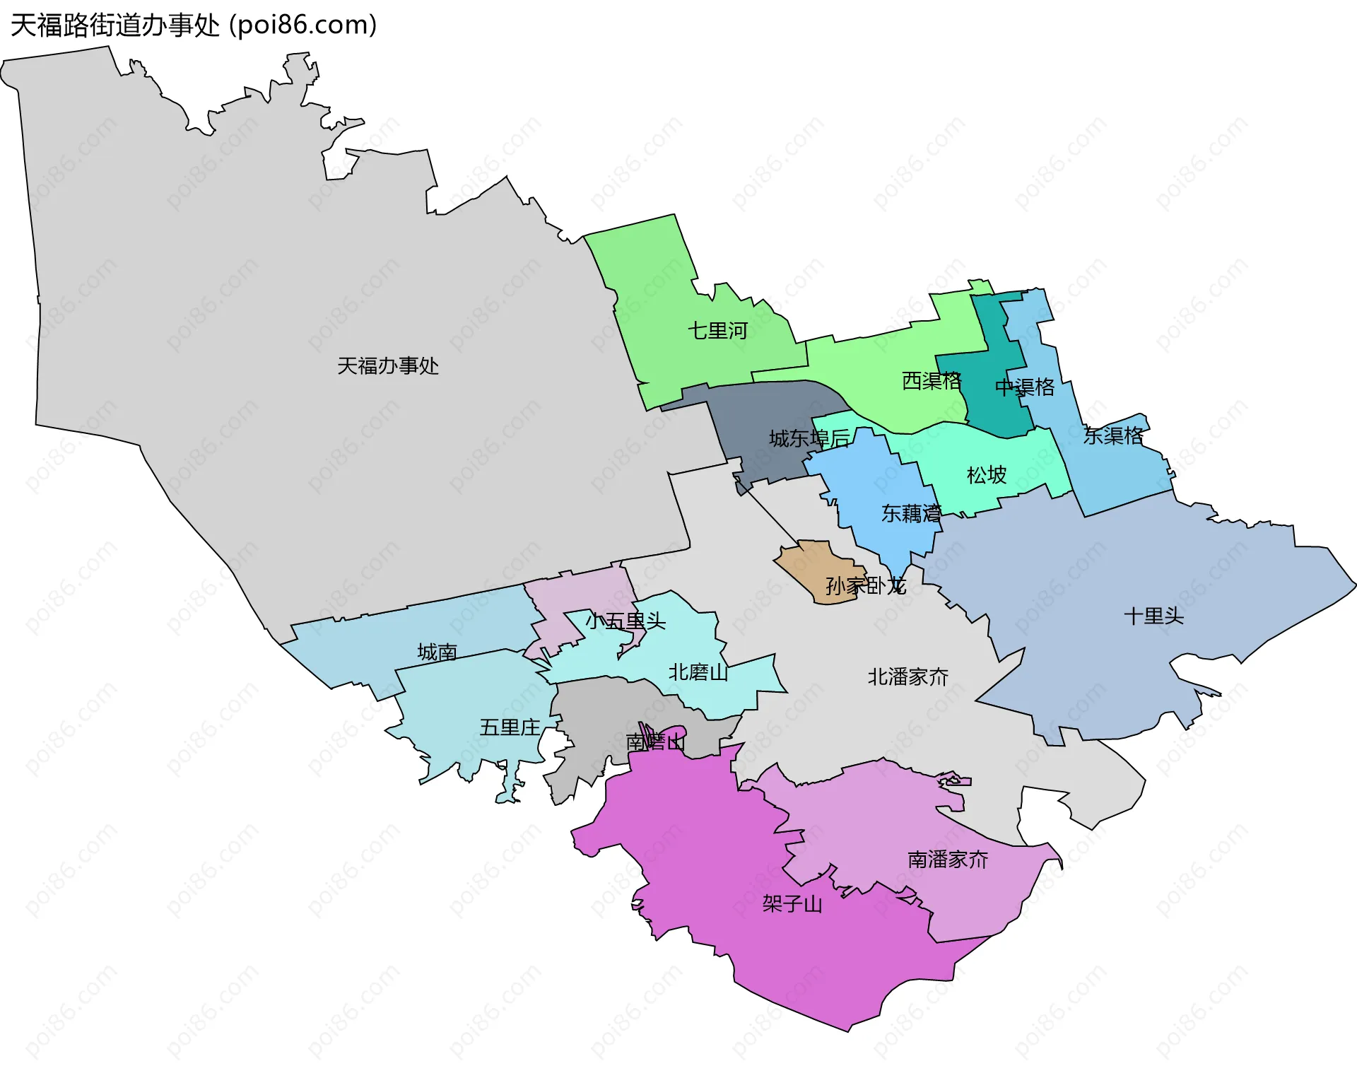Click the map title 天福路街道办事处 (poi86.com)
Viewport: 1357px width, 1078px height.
pyautogui.click(x=194, y=25)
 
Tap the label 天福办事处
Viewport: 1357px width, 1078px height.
pyautogui.click(x=388, y=365)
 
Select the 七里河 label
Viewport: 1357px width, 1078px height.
pyautogui.click(x=717, y=330)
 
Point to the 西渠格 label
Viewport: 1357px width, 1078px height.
pyautogui.click(x=932, y=381)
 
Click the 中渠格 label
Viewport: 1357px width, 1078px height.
pyautogui.click(x=1025, y=387)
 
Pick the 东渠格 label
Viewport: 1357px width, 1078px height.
pyautogui.click(x=1113, y=435)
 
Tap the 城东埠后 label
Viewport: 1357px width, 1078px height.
pyautogui.click(x=809, y=438)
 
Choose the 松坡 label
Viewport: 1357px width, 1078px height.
pyautogui.click(x=987, y=474)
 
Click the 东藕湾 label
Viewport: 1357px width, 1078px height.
pyautogui.click(x=911, y=513)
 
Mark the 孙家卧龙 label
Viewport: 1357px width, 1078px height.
pyautogui.click(x=866, y=585)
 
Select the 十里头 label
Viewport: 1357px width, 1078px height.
pyautogui.click(x=1154, y=616)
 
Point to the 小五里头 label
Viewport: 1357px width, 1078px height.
pyautogui.click(x=625, y=621)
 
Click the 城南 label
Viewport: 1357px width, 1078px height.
pyautogui.click(x=437, y=652)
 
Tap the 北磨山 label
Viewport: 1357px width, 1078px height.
pyautogui.click(x=698, y=672)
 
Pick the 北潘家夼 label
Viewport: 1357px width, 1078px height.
pyautogui.click(x=908, y=677)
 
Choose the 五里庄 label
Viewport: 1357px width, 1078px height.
pyautogui.click(x=510, y=727)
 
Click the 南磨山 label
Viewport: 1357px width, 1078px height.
pyautogui.click(x=656, y=742)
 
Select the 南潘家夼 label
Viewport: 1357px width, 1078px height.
pyautogui.click(x=948, y=860)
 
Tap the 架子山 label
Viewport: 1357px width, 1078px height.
pyautogui.click(x=792, y=904)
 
